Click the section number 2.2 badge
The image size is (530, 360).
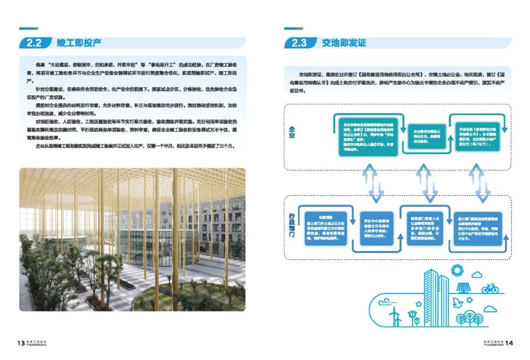33,43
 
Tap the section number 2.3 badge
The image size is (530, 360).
298,43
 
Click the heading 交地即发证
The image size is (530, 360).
344,43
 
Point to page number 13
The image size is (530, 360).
20,343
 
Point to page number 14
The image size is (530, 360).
509,343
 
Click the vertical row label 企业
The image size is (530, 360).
292,132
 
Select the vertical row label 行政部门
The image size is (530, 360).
292,226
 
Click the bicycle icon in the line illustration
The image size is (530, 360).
489,288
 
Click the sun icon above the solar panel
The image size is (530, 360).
457,270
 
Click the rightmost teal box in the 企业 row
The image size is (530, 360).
477,135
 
